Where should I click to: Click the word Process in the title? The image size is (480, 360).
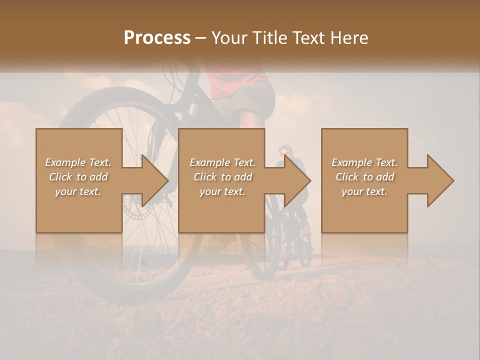click(157, 38)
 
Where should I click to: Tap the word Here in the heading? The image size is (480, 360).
click(349, 38)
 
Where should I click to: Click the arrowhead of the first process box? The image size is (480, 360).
click(155, 180)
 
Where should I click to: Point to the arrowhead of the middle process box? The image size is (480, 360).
click(298, 180)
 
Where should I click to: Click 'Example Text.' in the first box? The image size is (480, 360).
click(78, 162)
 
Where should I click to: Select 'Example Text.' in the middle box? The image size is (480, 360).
click(222, 162)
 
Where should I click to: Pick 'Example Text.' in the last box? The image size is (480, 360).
click(364, 162)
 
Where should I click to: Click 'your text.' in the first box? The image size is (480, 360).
click(78, 191)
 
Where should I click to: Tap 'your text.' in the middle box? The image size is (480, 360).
click(222, 191)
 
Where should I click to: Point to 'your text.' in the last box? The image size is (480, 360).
click(364, 191)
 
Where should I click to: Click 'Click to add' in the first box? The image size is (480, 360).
click(78, 177)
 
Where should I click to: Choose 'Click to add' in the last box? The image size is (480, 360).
click(364, 177)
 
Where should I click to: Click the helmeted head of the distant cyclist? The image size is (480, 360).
click(285, 150)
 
